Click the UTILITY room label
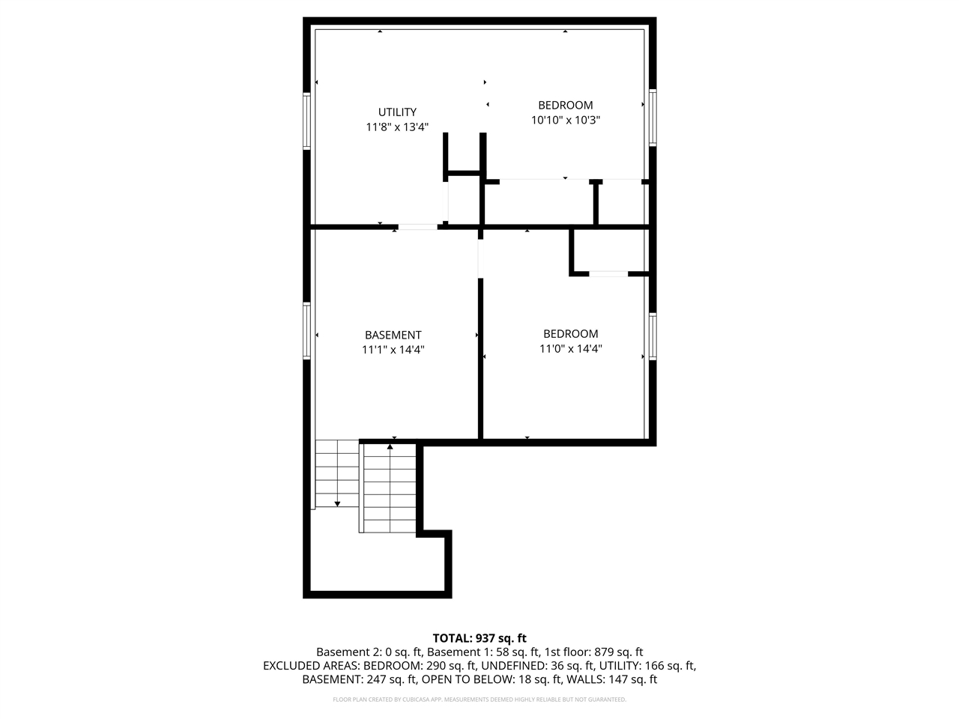[x=397, y=112]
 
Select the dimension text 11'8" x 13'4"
[x=397, y=127]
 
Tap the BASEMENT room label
[x=393, y=335]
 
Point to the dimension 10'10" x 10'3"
[x=566, y=120]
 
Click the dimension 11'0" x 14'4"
[x=571, y=348]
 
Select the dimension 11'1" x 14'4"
[x=393, y=349]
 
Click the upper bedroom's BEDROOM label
[x=566, y=106]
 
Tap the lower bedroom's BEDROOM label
[x=571, y=334]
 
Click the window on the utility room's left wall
[x=306, y=120]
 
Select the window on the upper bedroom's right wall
[x=653, y=117]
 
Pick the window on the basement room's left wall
[x=306, y=330]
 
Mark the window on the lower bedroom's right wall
[x=653, y=336]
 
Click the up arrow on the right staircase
[x=390, y=447]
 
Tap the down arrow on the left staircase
[x=337, y=503]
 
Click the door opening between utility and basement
[x=417, y=226]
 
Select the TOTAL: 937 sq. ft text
[x=479, y=638]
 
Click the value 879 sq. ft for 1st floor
[x=618, y=652]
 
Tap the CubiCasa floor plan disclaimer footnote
[x=479, y=700]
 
